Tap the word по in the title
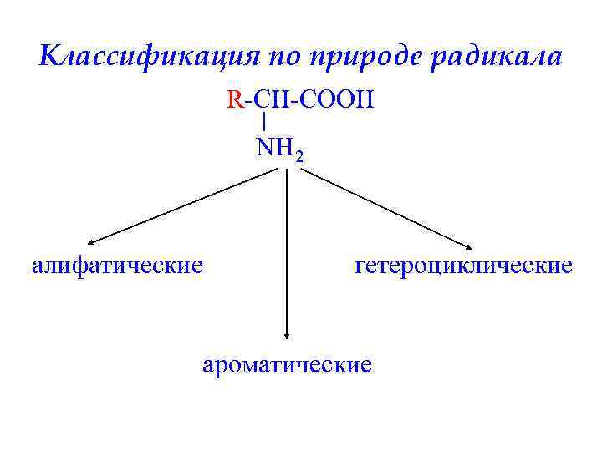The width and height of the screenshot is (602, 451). point(287,56)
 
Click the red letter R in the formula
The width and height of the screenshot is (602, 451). point(234,101)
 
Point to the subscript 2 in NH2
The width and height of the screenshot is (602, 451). point(298,155)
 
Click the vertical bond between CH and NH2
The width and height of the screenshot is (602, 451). point(264,122)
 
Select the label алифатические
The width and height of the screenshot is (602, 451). point(117,266)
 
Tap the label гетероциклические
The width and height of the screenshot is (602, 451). point(464,266)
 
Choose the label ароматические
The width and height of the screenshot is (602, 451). point(287,365)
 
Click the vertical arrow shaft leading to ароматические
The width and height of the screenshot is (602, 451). point(287,251)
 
